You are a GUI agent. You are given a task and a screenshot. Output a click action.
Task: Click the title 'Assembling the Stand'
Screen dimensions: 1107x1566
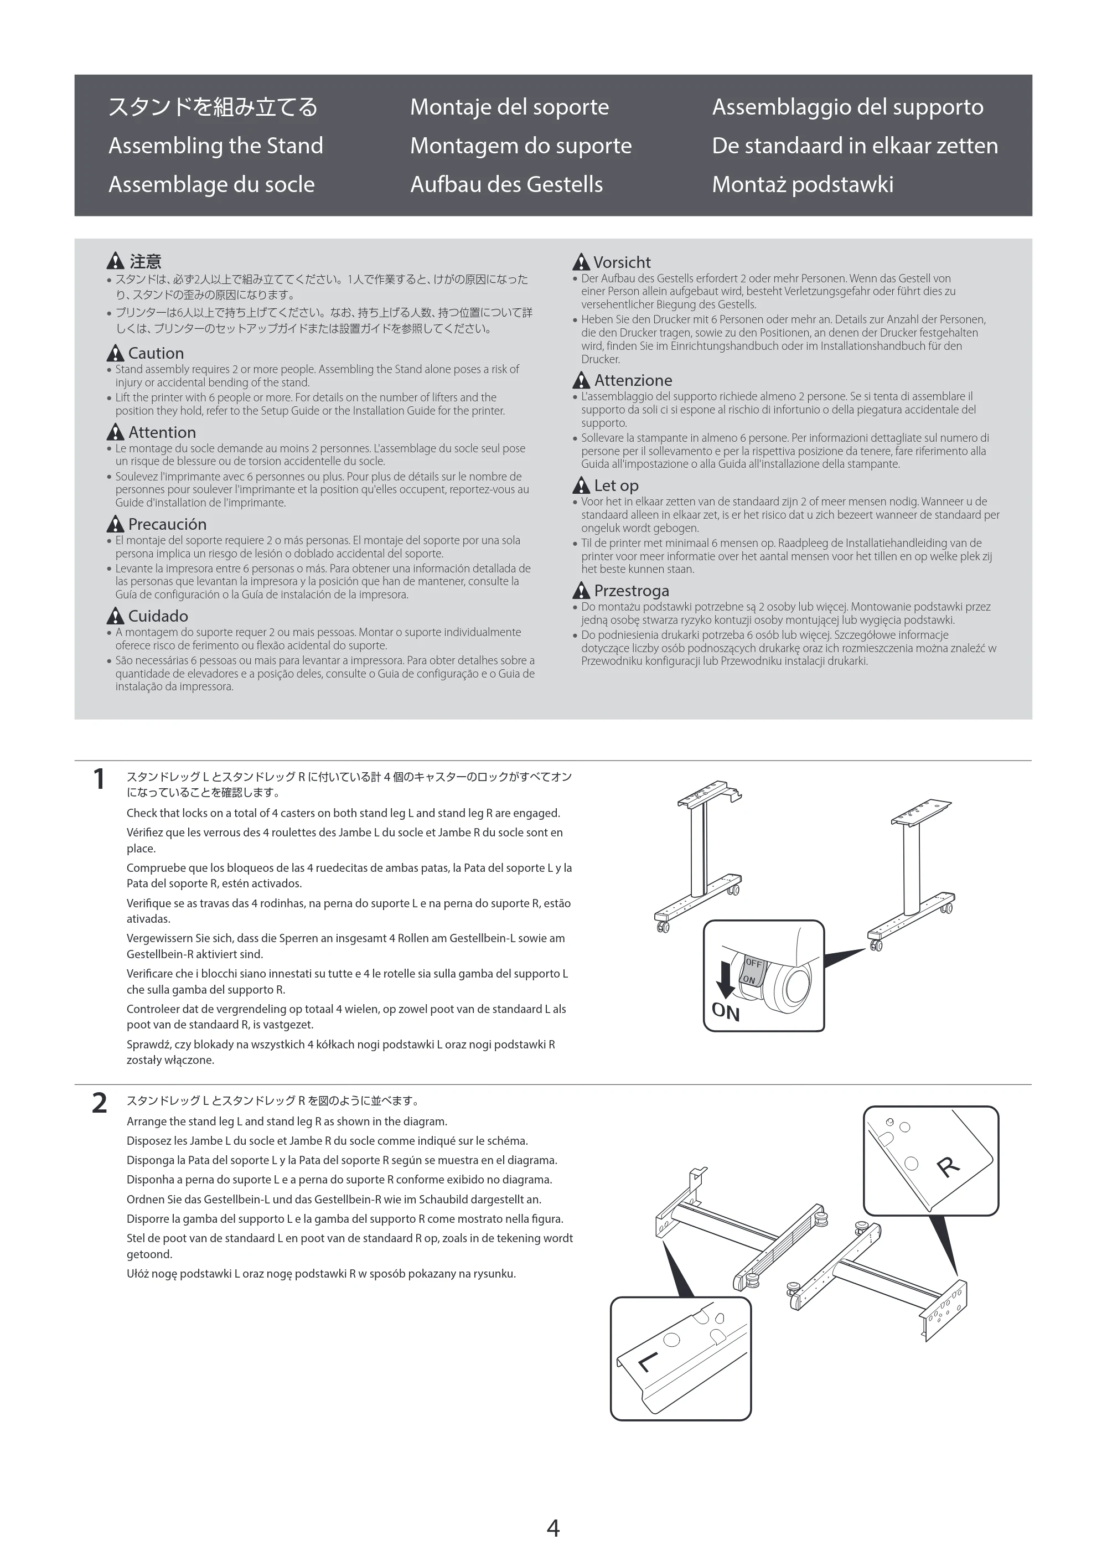215,146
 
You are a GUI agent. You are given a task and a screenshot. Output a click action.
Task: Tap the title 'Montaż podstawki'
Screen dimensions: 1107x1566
802,184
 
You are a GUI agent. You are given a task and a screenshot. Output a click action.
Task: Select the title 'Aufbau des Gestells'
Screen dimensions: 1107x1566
506,184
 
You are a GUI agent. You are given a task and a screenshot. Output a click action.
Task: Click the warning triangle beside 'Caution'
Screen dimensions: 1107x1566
115,353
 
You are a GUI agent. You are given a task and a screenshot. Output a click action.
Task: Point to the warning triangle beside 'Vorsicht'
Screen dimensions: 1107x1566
581,262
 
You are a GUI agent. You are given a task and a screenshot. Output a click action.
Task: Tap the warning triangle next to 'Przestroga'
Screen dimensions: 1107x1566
581,590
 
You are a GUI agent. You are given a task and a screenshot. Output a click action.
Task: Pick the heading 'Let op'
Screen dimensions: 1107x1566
616,485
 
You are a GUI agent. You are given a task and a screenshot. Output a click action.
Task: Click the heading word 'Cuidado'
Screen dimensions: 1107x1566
158,616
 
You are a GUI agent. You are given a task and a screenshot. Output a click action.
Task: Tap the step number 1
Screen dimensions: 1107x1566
99,779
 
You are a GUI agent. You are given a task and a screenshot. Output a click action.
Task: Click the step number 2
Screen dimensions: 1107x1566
100,1103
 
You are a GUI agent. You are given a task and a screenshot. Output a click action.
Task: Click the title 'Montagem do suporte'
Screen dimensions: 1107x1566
521,146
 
